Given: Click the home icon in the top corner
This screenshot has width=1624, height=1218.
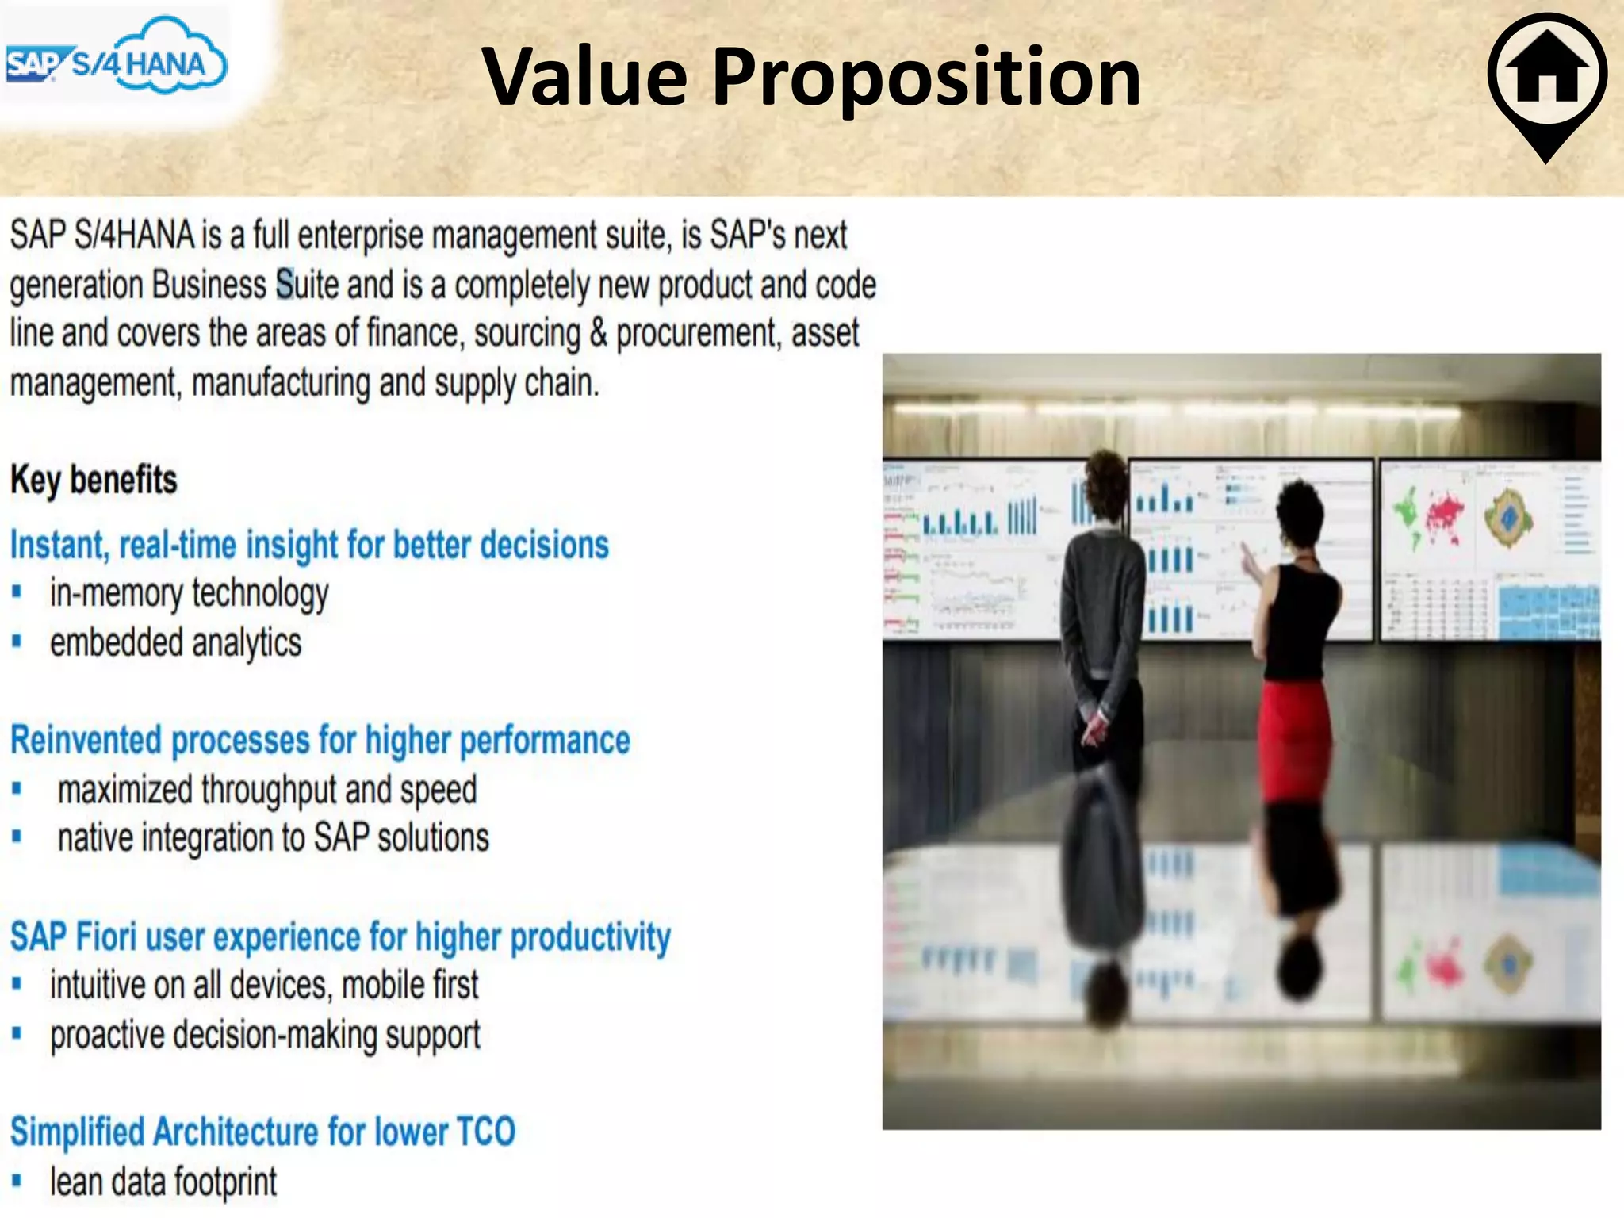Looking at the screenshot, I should [1547, 75].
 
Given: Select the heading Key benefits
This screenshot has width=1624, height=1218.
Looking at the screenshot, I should [94, 481].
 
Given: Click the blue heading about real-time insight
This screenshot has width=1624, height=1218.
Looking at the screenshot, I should [309, 546].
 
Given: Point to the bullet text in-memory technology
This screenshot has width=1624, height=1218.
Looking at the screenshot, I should [189, 594].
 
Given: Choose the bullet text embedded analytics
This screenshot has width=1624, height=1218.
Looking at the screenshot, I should [175, 643].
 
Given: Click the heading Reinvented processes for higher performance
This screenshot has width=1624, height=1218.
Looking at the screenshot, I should [320, 741].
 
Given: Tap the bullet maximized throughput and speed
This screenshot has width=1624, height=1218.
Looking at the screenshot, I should [267, 791].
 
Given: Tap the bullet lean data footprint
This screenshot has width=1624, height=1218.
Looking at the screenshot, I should [163, 1182].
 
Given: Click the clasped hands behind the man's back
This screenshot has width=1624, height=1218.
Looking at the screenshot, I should [1095, 726].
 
